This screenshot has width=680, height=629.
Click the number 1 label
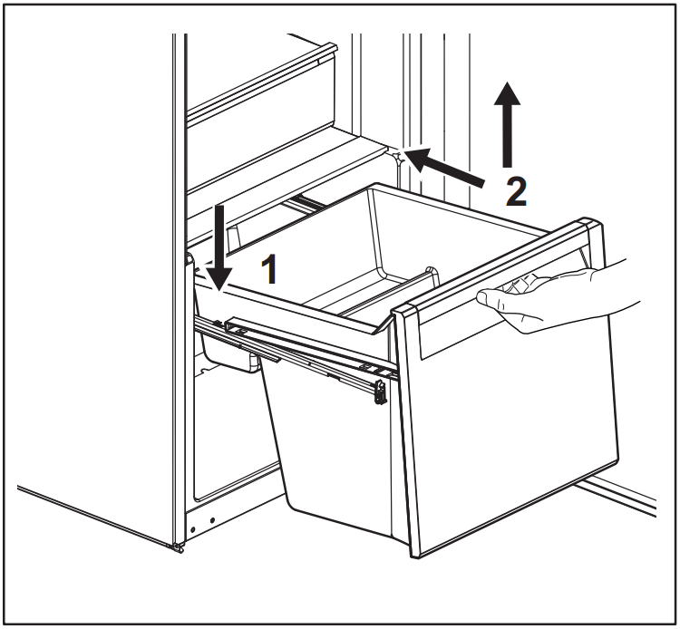click(268, 269)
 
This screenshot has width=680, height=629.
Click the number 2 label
click(514, 191)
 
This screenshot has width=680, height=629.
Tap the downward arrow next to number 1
click(219, 245)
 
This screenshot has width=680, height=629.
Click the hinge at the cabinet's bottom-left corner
click(178, 545)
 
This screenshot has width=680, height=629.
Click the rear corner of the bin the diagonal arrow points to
click(399, 156)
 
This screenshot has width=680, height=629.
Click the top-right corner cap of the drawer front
click(590, 227)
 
